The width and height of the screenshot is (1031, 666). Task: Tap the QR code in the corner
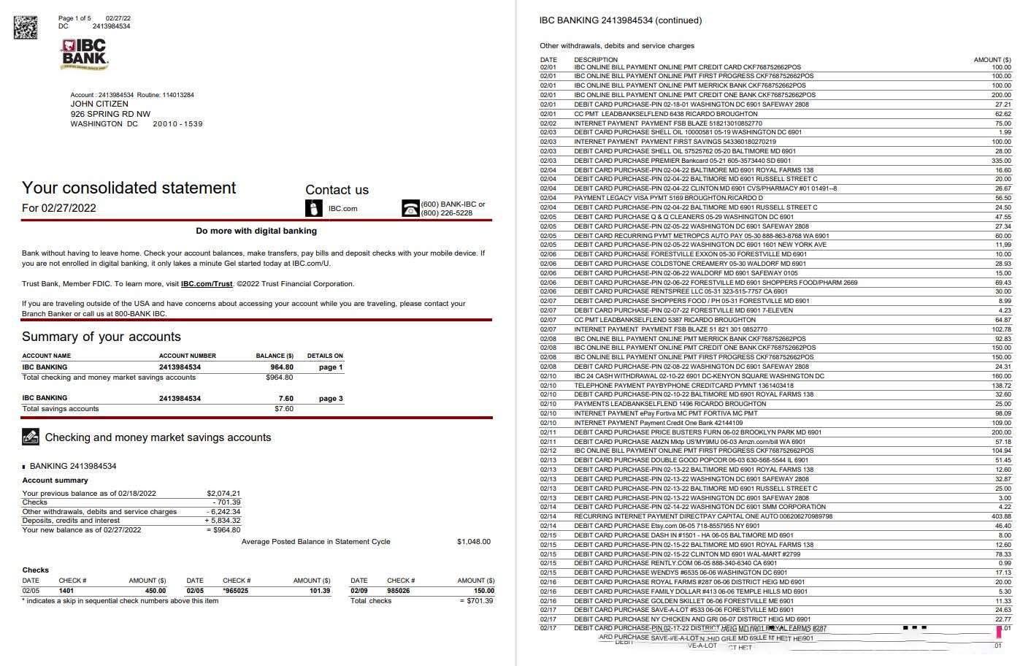pyautogui.click(x=26, y=26)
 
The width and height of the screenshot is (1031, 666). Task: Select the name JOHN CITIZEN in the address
pyautogui.click(x=99, y=104)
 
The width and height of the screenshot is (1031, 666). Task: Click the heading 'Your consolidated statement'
pyautogui.click(x=129, y=188)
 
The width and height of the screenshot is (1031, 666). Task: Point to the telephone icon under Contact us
pyautogui.click(x=410, y=209)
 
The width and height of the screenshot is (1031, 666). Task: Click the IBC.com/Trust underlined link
pyautogui.click(x=207, y=284)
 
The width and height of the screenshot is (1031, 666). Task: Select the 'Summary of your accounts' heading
pyautogui.click(x=101, y=337)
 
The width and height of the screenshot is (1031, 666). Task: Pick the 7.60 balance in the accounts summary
pyautogui.click(x=285, y=399)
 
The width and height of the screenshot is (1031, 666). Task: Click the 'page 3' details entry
pyautogui.click(x=331, y=399)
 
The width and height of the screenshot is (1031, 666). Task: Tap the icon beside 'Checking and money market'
pyautogui.click(x=31, y=437)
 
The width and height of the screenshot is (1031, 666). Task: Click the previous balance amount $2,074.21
pyautogui.click(x=223, y=494)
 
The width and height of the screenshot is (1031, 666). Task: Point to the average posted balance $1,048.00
pyautogui.click(x=474, y=542)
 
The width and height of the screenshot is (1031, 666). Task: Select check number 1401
pyautogui.click(x=66, y=591)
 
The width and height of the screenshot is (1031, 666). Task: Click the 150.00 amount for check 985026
pyautogui.click(x=484, y=591)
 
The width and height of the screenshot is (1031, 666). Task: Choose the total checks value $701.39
pyautogui.click(x=479, y=601)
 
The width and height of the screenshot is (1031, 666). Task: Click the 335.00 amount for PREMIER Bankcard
pyautogui.click(x=1001, y=161)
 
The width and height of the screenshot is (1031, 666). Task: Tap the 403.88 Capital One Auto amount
pyautogui.click(x=1001, y=516)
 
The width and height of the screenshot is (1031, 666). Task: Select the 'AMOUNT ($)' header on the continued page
pyautogui.click(x=992, y=60)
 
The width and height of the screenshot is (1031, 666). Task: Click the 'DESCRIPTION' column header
pyautogui.click(x=596, y=60)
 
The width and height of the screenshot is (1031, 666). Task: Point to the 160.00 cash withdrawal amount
pyautogui.click(x=1001, y=376)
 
